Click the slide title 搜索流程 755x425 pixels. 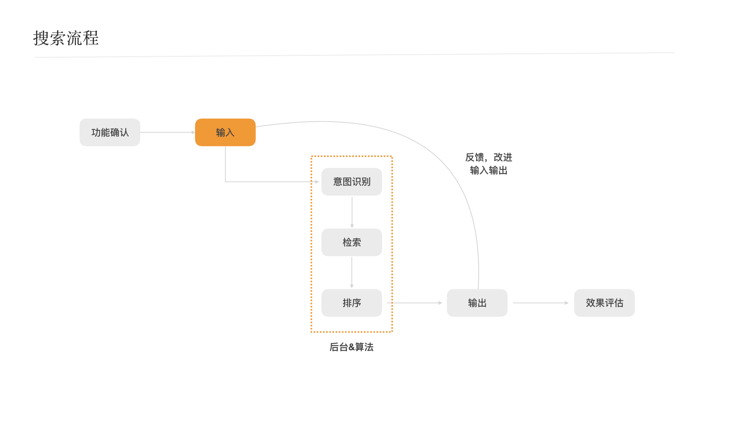tap(66, 38)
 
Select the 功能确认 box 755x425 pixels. tap(110, 132)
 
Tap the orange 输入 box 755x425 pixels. tap(225, 132)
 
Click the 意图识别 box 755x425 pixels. tap(352, 182)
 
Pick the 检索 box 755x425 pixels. tap(352, 242)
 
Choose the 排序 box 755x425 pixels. tap(352, 303)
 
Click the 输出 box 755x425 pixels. tap(477, 303)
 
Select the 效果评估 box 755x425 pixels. tap(604, 303)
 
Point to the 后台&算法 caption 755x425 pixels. tap(352, 347)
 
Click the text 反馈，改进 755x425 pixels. tap(489, 157)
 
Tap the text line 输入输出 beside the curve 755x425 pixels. tap(489, 170)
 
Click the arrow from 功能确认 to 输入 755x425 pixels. tap(168, 132)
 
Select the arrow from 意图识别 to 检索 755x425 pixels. tap(352, 212)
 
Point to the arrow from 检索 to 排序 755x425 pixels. tap(352, 273)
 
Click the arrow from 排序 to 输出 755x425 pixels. tap(414, 303)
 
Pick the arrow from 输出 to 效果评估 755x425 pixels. tap(541, 303)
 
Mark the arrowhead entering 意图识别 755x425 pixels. tap(317, 182)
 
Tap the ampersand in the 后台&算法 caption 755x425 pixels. tap(352, 347)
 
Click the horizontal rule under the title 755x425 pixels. tap(354, 55)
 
